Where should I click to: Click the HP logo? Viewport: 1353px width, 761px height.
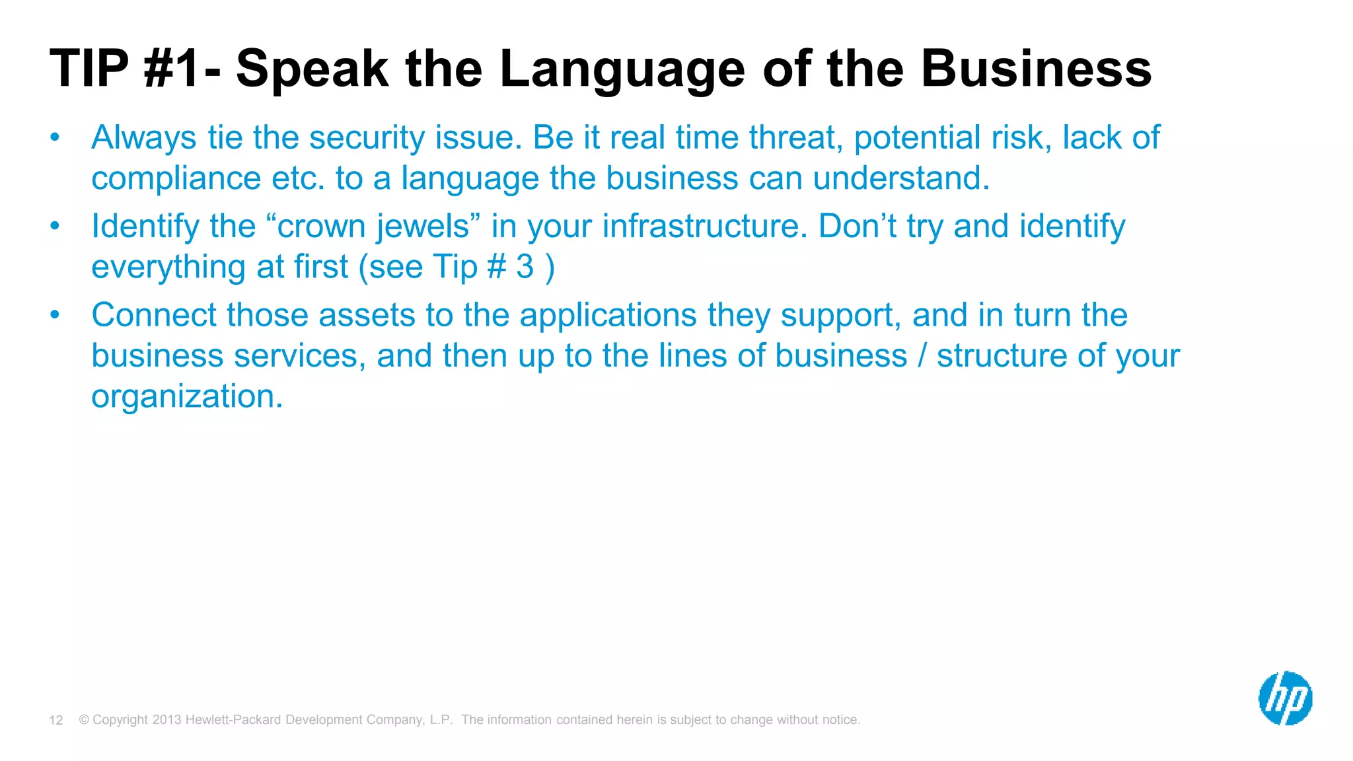coord(1285,698)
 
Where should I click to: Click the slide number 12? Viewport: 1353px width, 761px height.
coord(56,720)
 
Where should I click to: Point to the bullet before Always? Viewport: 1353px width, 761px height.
coord(55,137)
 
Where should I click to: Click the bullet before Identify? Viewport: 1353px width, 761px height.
coord(55,226)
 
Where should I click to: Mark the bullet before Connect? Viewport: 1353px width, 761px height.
coord(55,314)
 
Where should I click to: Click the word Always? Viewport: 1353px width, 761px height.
coord(144,137)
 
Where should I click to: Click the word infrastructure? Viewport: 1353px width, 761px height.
coord(704,226)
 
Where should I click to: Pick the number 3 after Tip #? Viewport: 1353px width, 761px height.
coord(525,267)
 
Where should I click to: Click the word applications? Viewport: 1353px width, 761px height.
coord(608,314)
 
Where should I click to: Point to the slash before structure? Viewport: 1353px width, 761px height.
coord(922,355)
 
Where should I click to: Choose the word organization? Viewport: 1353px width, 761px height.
coord(187,396)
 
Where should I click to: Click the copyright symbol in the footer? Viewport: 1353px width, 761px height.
coord(84,719)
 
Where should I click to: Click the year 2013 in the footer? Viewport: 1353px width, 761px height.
coord(166,719)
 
